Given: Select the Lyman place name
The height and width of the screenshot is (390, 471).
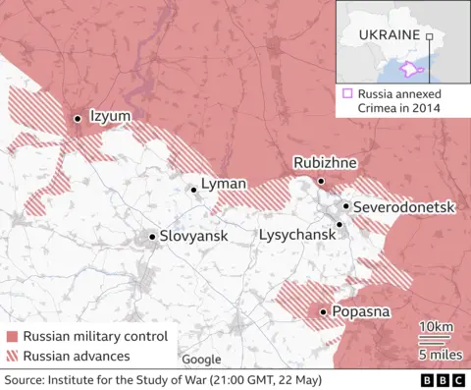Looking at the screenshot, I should (223, 184).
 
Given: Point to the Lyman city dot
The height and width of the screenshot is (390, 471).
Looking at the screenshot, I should (194, 191).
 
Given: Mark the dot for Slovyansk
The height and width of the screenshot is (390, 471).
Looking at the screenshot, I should (151, 236).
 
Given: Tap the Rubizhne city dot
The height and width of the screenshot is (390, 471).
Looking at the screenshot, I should (321, 182).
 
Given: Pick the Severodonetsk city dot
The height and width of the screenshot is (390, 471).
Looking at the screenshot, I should (345, 206).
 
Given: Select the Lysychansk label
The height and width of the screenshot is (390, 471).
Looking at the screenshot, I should (295, 235).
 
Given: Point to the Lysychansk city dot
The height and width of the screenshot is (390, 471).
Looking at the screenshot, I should (340, 224).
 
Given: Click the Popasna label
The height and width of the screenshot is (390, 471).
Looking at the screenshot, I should (362, 312).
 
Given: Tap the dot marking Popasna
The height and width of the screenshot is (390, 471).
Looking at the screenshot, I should (324, 312).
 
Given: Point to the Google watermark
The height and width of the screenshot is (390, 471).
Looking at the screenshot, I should (201, 360).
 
